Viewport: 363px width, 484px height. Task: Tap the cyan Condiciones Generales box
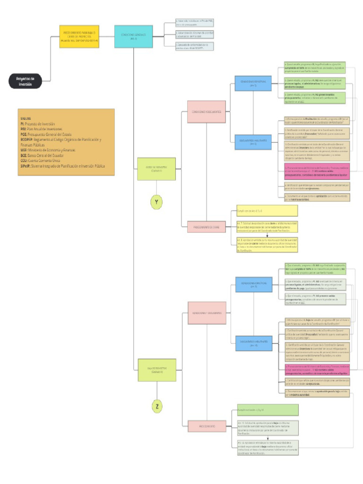click(x=133, y=36)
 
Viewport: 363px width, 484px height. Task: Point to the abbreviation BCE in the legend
click(x=24, y=155)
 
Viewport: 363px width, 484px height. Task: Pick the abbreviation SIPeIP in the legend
click(x=26, y=166)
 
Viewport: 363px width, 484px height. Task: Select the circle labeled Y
click(x=156, y=202)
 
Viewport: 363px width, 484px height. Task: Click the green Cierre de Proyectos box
click(x=156, y=169)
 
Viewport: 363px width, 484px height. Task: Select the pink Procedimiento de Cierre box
click(x=207, y=227)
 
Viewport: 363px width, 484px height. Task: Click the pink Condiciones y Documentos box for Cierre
click(x=207, y=112)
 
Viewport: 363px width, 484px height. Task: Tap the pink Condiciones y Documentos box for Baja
click(x=207, y=313)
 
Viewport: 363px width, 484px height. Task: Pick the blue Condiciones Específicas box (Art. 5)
click(x=253, y=84)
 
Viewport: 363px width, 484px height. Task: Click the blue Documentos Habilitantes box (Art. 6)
click(x=253, y=141)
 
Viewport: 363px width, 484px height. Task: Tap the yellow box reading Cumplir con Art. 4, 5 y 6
click(x=267, y=210)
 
